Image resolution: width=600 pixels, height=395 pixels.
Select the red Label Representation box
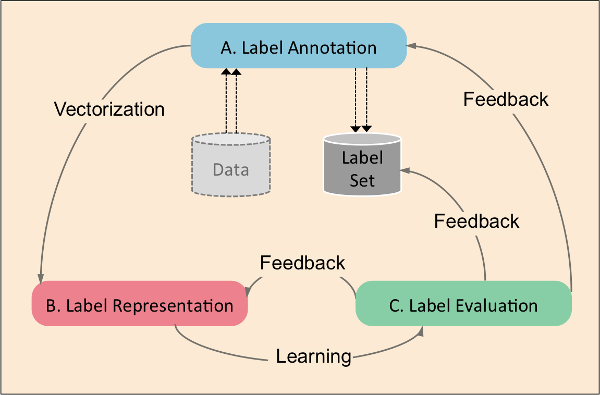139,304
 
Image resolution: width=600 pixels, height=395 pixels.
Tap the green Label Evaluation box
463,304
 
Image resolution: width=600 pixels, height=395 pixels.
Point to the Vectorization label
109,109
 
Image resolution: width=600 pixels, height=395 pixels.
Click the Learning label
313,356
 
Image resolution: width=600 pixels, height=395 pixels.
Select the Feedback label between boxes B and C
302,262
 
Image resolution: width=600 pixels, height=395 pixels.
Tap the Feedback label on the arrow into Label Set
477,221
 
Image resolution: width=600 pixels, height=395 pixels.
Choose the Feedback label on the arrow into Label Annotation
506,99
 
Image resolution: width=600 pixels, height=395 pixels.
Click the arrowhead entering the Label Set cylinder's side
405,170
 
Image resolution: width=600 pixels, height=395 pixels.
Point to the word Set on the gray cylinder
362,180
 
